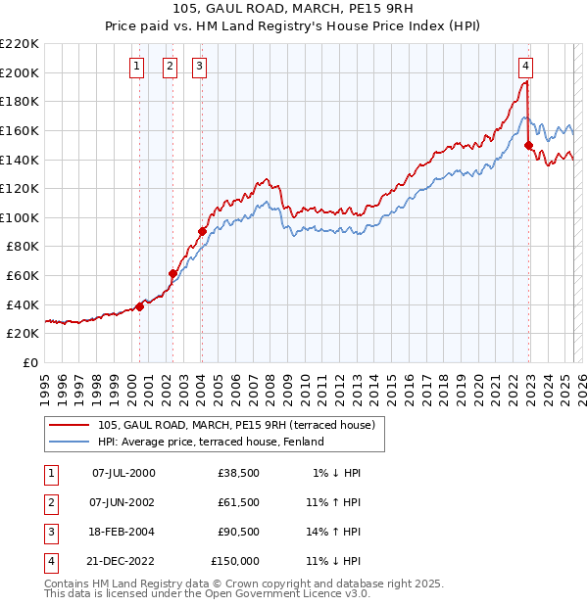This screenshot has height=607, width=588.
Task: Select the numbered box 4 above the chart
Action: coord(526,67)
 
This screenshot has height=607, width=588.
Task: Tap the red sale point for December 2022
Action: coord(529,146)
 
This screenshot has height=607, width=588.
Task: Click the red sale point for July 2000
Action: coord(139,306)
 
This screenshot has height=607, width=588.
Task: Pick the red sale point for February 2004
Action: coord(202,232)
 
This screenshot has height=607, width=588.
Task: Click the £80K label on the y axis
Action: coord(23,247)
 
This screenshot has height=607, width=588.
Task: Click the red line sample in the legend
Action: coord(70,425)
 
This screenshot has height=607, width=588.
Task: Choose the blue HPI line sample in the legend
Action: coord(70,442)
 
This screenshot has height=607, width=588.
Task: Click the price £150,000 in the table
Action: coord(235,561)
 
